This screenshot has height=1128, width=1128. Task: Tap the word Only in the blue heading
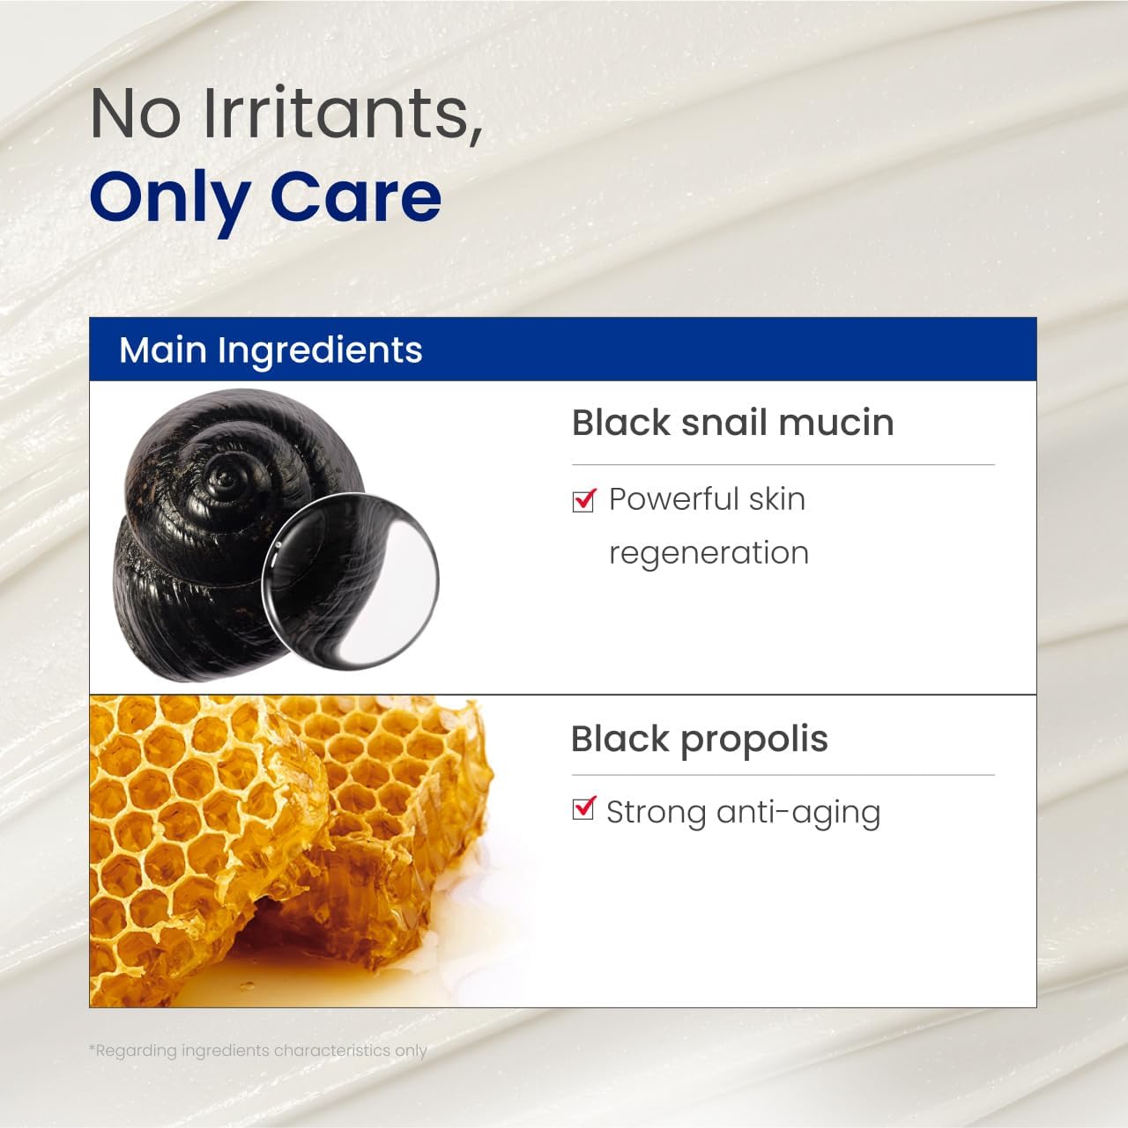pos(167,197)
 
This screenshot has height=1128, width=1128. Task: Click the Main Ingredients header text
pos(271,350)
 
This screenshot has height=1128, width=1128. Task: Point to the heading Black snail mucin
pos(732,423)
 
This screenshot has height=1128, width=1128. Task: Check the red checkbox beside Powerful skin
pos(583,500)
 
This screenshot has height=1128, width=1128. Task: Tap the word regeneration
pos(709,553)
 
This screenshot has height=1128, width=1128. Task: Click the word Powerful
pos(673,499)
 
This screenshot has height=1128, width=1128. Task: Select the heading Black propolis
pos(699,740)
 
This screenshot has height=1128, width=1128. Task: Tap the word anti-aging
pos(798,812)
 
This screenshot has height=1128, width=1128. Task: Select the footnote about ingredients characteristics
pos(258,1051)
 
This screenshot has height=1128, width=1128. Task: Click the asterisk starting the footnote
pos(92,1048)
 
